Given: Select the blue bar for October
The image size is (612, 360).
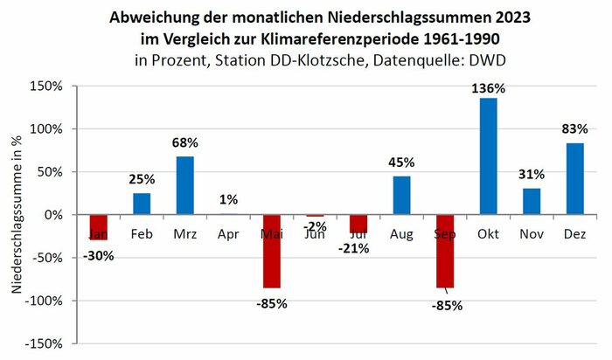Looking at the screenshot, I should [488, 156].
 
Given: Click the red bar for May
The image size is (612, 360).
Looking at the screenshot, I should [271, 251].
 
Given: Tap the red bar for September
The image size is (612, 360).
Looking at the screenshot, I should [445, 251].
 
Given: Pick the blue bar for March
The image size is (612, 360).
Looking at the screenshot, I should [184, 185].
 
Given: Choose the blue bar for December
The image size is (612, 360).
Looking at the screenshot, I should [574, 179].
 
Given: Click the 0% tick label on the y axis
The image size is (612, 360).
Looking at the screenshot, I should [52, 215].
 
